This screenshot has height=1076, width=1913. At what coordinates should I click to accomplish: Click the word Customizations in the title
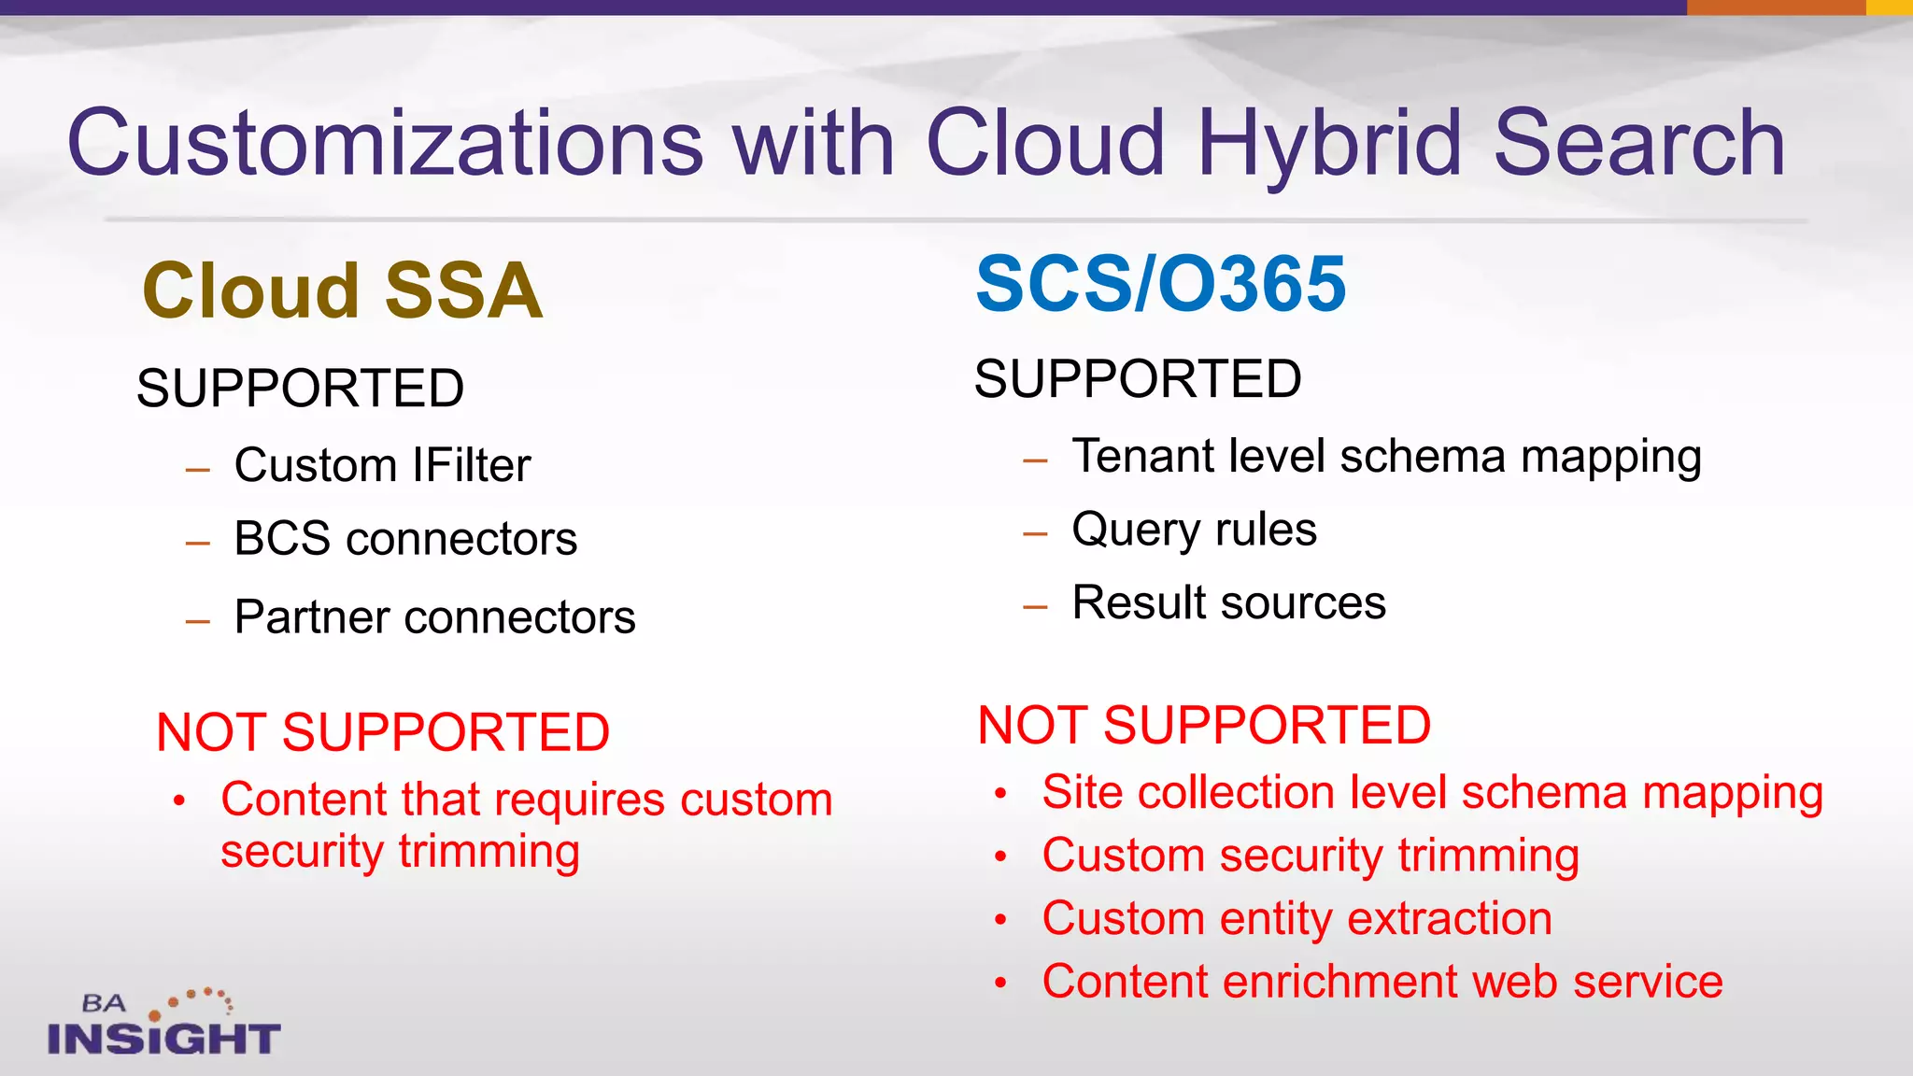385,142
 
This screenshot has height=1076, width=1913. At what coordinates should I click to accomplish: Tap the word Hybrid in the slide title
1328,142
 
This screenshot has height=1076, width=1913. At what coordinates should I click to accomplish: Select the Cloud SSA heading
342,290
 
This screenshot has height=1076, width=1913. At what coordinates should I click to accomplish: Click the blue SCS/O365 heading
1160,284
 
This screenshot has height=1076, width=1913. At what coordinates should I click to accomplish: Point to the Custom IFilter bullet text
382,465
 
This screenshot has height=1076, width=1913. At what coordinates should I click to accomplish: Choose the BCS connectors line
405,539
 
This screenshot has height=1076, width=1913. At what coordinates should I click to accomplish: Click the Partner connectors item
434,616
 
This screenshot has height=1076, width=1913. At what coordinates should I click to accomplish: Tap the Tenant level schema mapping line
1386,457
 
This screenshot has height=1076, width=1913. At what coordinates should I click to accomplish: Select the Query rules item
1194,530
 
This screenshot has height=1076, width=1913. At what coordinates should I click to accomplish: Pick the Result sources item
1228,602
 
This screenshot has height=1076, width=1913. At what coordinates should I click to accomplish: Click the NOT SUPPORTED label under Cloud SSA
383,731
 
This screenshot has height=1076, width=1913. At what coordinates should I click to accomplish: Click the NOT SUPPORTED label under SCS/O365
1203,725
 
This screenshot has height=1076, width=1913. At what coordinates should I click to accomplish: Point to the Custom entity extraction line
1297,918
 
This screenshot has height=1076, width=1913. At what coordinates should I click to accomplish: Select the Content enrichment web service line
1382,982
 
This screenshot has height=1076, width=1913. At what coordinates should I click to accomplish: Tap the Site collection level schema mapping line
1432,792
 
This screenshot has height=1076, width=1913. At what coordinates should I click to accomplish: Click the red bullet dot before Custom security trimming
1000,857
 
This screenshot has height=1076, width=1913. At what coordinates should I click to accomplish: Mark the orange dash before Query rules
1035,533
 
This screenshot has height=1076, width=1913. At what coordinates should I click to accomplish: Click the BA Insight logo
163,1023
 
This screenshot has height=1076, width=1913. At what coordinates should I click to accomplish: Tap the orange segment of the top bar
1776,7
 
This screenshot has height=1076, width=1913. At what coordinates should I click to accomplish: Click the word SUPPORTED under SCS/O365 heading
1137,379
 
